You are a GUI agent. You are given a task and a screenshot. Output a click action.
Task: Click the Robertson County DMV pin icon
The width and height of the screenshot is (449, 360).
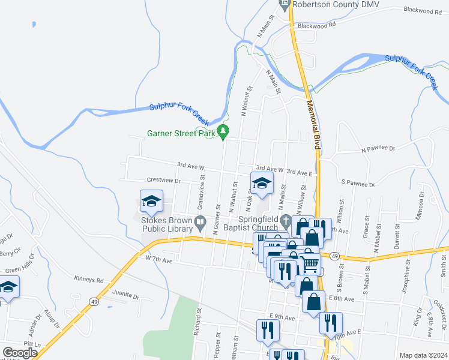coord(285,4)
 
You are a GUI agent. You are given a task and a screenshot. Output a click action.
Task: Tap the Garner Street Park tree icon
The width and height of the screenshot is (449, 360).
coord(223,131)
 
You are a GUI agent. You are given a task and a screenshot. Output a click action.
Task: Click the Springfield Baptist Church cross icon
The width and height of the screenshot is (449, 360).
coord(286,218)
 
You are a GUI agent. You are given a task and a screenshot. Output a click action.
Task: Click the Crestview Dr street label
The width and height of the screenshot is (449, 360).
coord(164,180)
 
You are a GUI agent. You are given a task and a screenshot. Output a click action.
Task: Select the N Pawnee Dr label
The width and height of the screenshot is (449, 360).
coord(379,148)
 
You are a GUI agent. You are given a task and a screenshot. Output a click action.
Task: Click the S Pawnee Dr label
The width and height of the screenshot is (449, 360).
coord(358,184)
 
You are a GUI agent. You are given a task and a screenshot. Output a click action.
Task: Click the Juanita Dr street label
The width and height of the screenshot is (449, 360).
coord(125,295)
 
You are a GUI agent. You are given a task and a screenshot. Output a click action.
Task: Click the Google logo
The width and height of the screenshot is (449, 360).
coord(20,352)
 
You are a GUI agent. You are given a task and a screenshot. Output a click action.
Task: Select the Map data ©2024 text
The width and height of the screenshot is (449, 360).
coord(423,355)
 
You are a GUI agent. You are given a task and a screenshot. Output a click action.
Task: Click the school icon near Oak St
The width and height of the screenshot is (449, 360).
coord(261,183)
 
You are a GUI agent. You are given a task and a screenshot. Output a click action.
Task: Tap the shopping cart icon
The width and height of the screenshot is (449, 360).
coord(310,263)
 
